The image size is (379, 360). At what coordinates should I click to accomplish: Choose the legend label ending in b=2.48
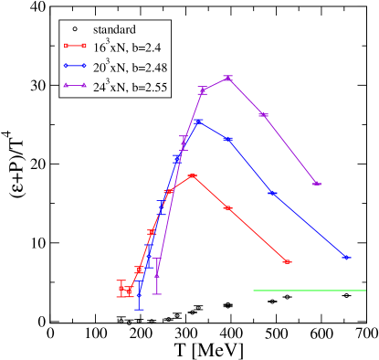pyautogui.click(x=131, y=68)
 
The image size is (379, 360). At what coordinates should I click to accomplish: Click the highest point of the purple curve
pyautogui.click(x=227, y=78)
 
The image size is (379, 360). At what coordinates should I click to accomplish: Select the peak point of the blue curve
pyautogui.click(x=197, y=121)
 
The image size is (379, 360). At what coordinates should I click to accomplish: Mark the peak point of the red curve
pyautogui.click(x=192, y=175)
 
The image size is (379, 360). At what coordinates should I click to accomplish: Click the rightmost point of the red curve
pyautogui.click(x=287, y=262)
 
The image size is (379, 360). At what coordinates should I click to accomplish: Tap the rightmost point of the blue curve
pyautogui.click(x=346, y=258)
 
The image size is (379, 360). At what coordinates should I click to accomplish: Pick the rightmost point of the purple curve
pyautogui.click(x=316, y=184)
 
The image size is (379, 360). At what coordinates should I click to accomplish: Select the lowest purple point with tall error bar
pyautogui.click(x=157, y=274)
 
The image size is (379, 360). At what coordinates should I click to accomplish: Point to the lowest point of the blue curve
pyautogui.click(x=139, y=296)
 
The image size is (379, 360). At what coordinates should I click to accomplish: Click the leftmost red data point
pyautogui.click(x=121, y=289)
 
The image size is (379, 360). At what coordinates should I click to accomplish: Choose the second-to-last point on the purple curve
pyautogui.click(x=263, y=114)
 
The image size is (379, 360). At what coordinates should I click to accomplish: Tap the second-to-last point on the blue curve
pyautogui.click(x=272, y=193)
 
